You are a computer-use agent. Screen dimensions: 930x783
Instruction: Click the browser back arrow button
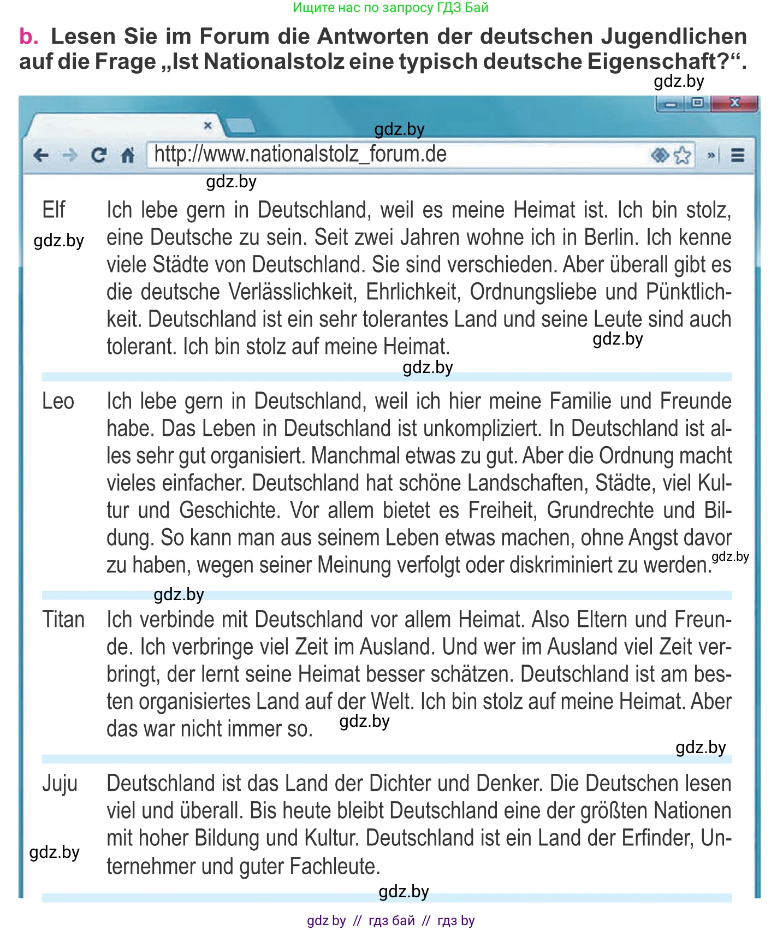click(41, 156)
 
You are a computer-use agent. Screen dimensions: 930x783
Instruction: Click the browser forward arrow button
click(69, 156)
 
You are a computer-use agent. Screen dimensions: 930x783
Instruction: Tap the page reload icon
click(99, 156)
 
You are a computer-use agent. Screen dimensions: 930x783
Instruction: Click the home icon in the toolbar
click(128, 156)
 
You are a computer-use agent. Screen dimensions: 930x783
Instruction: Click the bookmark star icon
click(683, 156)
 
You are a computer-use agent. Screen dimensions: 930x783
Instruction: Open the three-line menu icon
click(738, 156)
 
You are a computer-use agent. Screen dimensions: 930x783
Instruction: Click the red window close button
click(735, 103)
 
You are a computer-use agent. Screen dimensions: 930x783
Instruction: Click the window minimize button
click(671, 104)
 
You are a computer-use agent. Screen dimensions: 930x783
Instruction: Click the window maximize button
click(697, 103)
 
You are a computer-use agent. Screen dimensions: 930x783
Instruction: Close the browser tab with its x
click(207, 126)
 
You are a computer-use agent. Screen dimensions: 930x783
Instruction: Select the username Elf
click(54, 210)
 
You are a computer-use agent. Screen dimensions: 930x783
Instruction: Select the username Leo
click(58, 401)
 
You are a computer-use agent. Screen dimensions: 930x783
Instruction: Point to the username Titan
click(63, 620)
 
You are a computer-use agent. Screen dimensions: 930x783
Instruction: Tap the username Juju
click(60, 784)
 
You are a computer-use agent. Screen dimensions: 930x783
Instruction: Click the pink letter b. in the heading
click(28, 37)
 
